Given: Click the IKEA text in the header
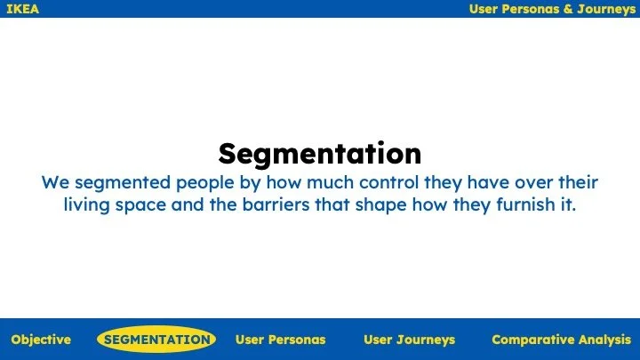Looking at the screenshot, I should (x=22, y=9).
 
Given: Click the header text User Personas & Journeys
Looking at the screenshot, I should (x=552, y=9).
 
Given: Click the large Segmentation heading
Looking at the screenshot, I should (x=320, y=154).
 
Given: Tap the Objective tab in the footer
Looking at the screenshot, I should (x=41, y=340).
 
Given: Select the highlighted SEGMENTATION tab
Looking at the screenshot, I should (x=156, y=340).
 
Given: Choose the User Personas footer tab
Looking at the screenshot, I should (x=280, y=340).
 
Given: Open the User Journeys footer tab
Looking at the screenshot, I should (x=409, y=340).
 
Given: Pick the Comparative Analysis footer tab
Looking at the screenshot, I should (x=561, y=340).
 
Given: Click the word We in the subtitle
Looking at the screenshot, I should (x=55, y=183).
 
